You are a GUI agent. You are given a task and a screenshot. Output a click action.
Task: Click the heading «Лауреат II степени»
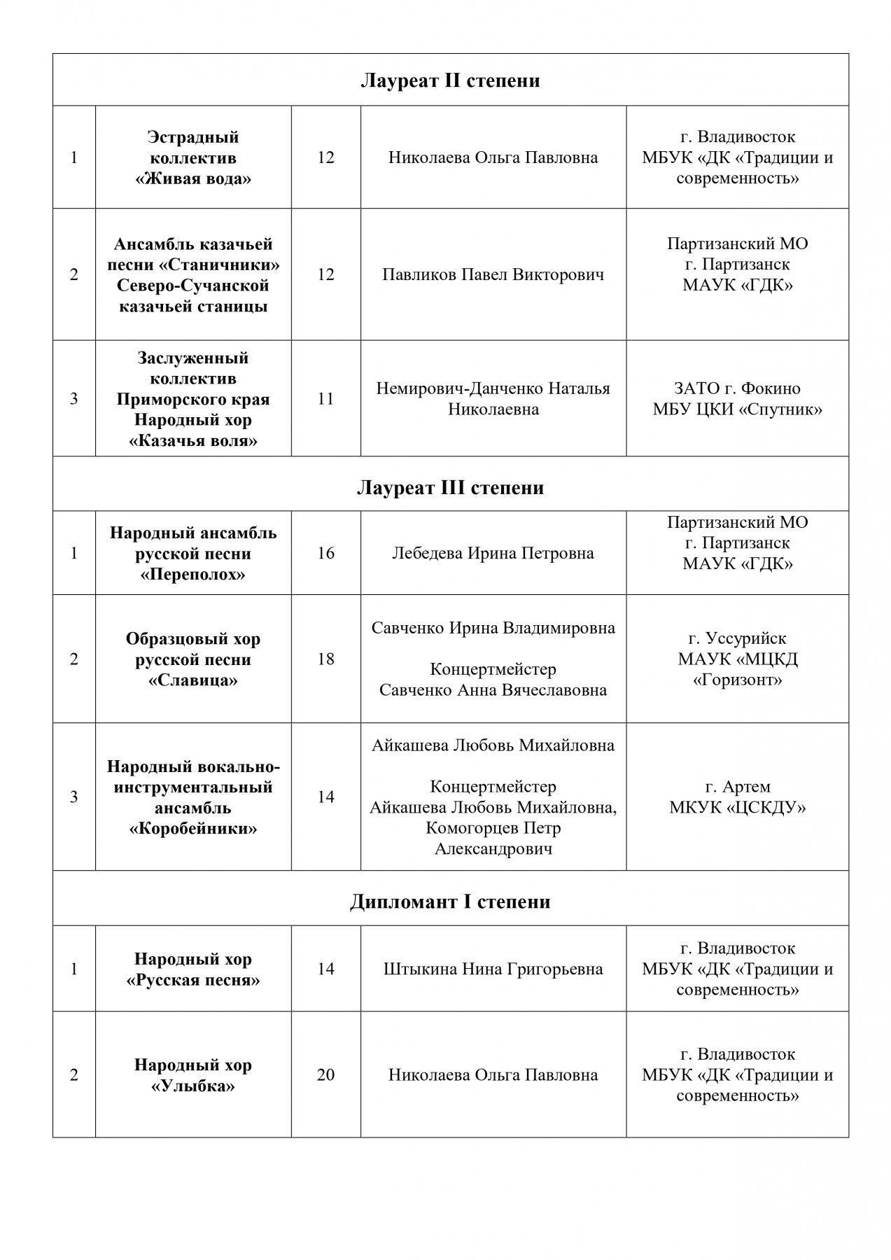[450, 81]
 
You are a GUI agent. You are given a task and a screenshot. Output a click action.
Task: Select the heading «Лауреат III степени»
[450, 488]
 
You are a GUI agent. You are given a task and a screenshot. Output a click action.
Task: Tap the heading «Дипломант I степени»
[450, 902]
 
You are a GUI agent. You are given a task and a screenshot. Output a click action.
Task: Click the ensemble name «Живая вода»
[193, 178]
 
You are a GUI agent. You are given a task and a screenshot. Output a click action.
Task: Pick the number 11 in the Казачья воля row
[325, 399]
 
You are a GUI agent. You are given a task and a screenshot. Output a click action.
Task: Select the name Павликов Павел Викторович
[493, 274]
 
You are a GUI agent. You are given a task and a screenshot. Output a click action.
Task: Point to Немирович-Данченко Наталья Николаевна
[493, 399]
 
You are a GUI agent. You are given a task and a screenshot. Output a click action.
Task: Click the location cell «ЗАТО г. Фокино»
[737, 388]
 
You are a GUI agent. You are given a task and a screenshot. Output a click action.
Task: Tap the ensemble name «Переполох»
[193, 575]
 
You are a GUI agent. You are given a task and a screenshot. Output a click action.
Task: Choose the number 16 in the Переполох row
[325, 553]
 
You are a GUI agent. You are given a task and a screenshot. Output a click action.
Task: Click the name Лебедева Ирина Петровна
[493, 553]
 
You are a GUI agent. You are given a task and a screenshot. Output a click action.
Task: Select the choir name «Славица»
[193, 680]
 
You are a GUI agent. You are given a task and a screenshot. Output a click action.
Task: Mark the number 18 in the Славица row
[325, 659]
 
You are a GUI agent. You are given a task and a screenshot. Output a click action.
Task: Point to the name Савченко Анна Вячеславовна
[493, 690]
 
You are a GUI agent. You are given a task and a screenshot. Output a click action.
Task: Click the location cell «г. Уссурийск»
[737, 638]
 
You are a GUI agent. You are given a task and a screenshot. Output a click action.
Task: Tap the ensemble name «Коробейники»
[193, 829]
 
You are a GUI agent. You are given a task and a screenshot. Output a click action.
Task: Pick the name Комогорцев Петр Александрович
[493, 839]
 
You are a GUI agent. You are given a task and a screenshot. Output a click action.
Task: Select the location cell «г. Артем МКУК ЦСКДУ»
[737, 797]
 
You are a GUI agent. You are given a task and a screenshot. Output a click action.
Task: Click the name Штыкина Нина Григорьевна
[493, 969]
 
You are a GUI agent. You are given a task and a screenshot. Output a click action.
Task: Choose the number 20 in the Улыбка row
[325, 1074]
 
